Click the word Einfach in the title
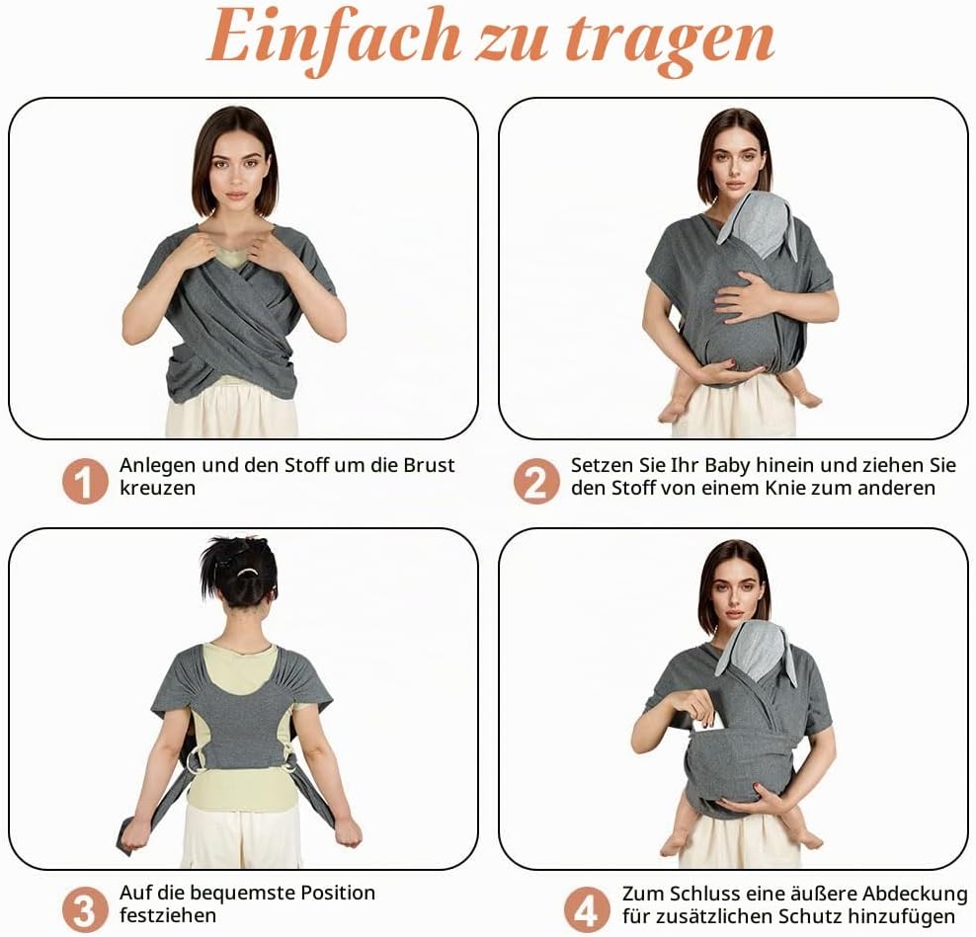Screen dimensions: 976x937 point(333,39)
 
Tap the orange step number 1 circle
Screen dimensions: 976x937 point(85,481)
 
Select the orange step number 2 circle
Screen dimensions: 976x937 point(536,481)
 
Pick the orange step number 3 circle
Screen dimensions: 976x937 point(85,909)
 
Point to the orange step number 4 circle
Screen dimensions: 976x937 point(587,909)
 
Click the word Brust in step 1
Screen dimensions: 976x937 point(429,465)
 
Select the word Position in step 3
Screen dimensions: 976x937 point(338,893)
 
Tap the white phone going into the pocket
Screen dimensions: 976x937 point(709,723)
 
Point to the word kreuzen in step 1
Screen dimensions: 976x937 point(157,488)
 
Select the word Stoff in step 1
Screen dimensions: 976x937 point(305,465)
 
